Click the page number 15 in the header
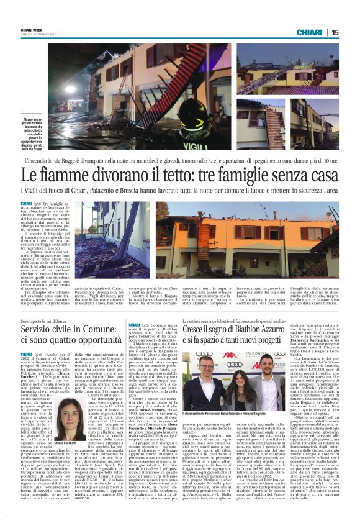334,32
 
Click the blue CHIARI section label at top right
310,32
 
